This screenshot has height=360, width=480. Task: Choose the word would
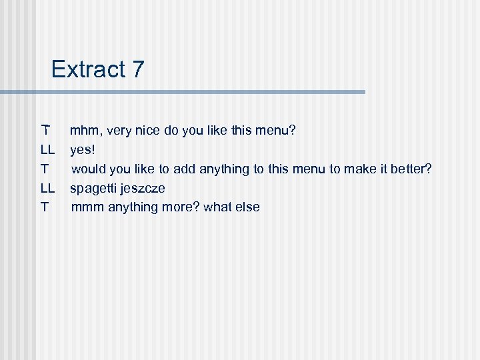click(x=89, y=169)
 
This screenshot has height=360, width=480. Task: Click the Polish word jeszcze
click(x=142, y=188)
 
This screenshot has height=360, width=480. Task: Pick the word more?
click(x=179, y=207)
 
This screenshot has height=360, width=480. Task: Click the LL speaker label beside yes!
click(x=47, y=150)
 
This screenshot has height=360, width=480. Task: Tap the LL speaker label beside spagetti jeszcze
click(x=47, y=188)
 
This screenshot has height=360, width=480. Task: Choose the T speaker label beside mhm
click(x=45, y=131)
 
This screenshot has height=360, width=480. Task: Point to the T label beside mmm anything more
click(x=45, y=207)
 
